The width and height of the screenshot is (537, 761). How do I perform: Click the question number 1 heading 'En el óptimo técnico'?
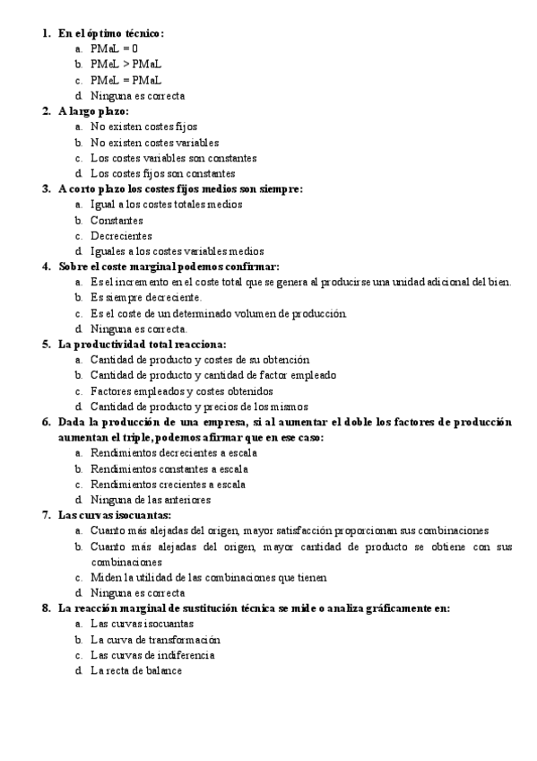pyautogui.click(x=111, y=33)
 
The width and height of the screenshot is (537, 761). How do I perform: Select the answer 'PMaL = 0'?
pyautogui.click(x=114, y=48)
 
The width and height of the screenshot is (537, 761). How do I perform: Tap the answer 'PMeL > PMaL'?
pyautogui.click(x=126, y=64)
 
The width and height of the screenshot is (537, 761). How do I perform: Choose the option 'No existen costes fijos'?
pyautogui.click(x=143, y=127)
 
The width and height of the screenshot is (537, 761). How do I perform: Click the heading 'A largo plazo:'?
pyautogui.click(x=93, y=111)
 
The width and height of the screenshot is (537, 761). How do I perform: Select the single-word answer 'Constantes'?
pyautogui.click(x=117, y=220)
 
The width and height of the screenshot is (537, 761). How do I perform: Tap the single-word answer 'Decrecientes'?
pyautogui.click(x=121, y=235)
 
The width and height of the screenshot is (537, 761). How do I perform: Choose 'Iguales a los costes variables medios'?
pyautogui.click(x=177, y=251)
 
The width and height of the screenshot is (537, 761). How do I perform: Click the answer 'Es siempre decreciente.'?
pyautogui.click(x=146, y=298)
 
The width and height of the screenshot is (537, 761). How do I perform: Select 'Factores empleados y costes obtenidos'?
pyautogui.click(x=182, y=390)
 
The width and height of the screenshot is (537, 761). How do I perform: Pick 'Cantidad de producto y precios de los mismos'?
pyautogui.click(x=197, y=406)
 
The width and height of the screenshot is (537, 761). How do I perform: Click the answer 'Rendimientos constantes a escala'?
pyautogui.click(x=169, y=468)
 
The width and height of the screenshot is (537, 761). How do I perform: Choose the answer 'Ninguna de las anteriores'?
pyautogui.click(x=151, y=499)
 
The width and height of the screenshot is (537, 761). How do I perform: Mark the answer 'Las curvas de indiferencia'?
pyautogui.click(x=152, y=655)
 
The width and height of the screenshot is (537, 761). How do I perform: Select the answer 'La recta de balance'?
pyautogui.click(x=135, y=670)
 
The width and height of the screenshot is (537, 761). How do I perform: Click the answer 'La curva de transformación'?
pyautogui.click(x=155, y=640)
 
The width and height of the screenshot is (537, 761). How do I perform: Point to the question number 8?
pyautogui.click(x=46, y=608)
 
